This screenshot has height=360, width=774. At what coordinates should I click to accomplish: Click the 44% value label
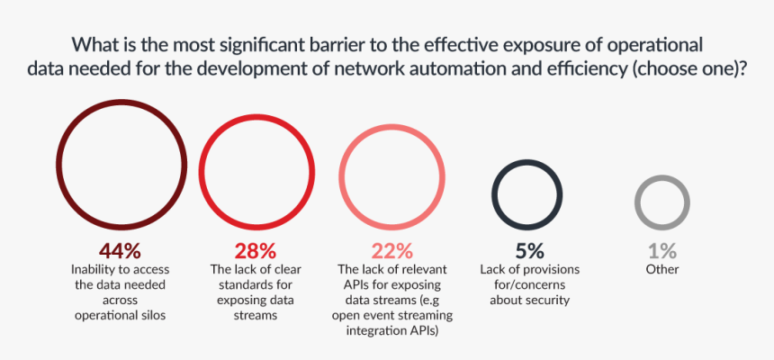(121, 251)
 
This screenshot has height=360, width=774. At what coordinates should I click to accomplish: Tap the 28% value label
(255, 251)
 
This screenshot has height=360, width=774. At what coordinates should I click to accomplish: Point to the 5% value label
(528, 251)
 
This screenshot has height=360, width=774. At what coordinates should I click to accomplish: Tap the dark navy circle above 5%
(528, 193)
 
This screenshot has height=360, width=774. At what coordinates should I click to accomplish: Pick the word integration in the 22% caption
(377, 331)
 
